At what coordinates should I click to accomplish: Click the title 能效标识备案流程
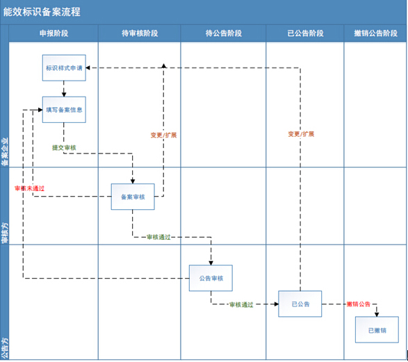coord(42,12)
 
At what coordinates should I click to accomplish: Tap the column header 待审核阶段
coord(139,33)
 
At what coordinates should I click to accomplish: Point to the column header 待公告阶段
coord(223,33)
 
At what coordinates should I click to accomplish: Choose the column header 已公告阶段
coord(304,33)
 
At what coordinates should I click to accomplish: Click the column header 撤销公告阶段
coord(375,33)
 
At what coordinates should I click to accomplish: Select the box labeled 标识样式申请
coord(63,68)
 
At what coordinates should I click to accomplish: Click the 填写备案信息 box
coord(63,109)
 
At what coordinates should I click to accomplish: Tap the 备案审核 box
coord(132,197)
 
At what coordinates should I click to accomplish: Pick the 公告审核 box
coord(210,278)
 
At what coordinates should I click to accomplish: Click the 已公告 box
coord(300,304)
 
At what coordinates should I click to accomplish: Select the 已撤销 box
coord(377,329)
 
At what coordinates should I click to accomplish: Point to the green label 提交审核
coord(65,148)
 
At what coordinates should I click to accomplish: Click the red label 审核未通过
coord(29,188)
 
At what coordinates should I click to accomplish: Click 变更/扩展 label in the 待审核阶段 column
coord(163,135)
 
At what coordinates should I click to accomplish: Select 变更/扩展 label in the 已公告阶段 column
coord(300,133)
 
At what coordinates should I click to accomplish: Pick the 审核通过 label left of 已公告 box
coord(241,304)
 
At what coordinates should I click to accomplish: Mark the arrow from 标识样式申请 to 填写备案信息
coord(63,89)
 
